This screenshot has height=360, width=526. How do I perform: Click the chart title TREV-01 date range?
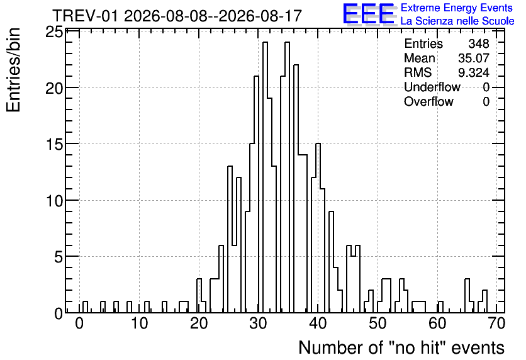(x=177, y=16)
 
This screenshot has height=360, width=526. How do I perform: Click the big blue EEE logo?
(x=369, y=14)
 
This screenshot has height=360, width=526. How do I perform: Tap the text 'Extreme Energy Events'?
(x=457, y=8)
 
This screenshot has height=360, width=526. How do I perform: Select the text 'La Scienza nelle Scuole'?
(x=457, y=21)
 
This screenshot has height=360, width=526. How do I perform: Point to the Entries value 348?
(x=479, y=43)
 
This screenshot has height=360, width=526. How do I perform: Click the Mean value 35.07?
(x=474, y=58)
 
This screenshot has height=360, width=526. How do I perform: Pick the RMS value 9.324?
(x=474, y=72)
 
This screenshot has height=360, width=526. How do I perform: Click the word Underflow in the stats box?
(x=432, y=87)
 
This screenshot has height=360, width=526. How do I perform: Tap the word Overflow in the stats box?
(x=428, y=101)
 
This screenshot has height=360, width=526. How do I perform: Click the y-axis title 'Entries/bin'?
(x=13, y=70)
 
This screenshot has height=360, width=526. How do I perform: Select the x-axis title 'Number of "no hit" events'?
(x=401, y=347)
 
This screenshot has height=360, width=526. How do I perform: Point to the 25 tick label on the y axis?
(x=54, y=32)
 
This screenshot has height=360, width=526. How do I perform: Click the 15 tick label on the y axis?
(x=54, y=144)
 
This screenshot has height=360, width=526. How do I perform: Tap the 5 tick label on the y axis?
(x=59, y=257)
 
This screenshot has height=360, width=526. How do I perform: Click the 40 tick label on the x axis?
(x=318, y=323)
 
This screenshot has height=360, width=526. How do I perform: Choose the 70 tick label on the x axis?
(x=497, y=323)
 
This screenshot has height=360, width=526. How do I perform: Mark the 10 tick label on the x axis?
(x=139, y=323)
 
